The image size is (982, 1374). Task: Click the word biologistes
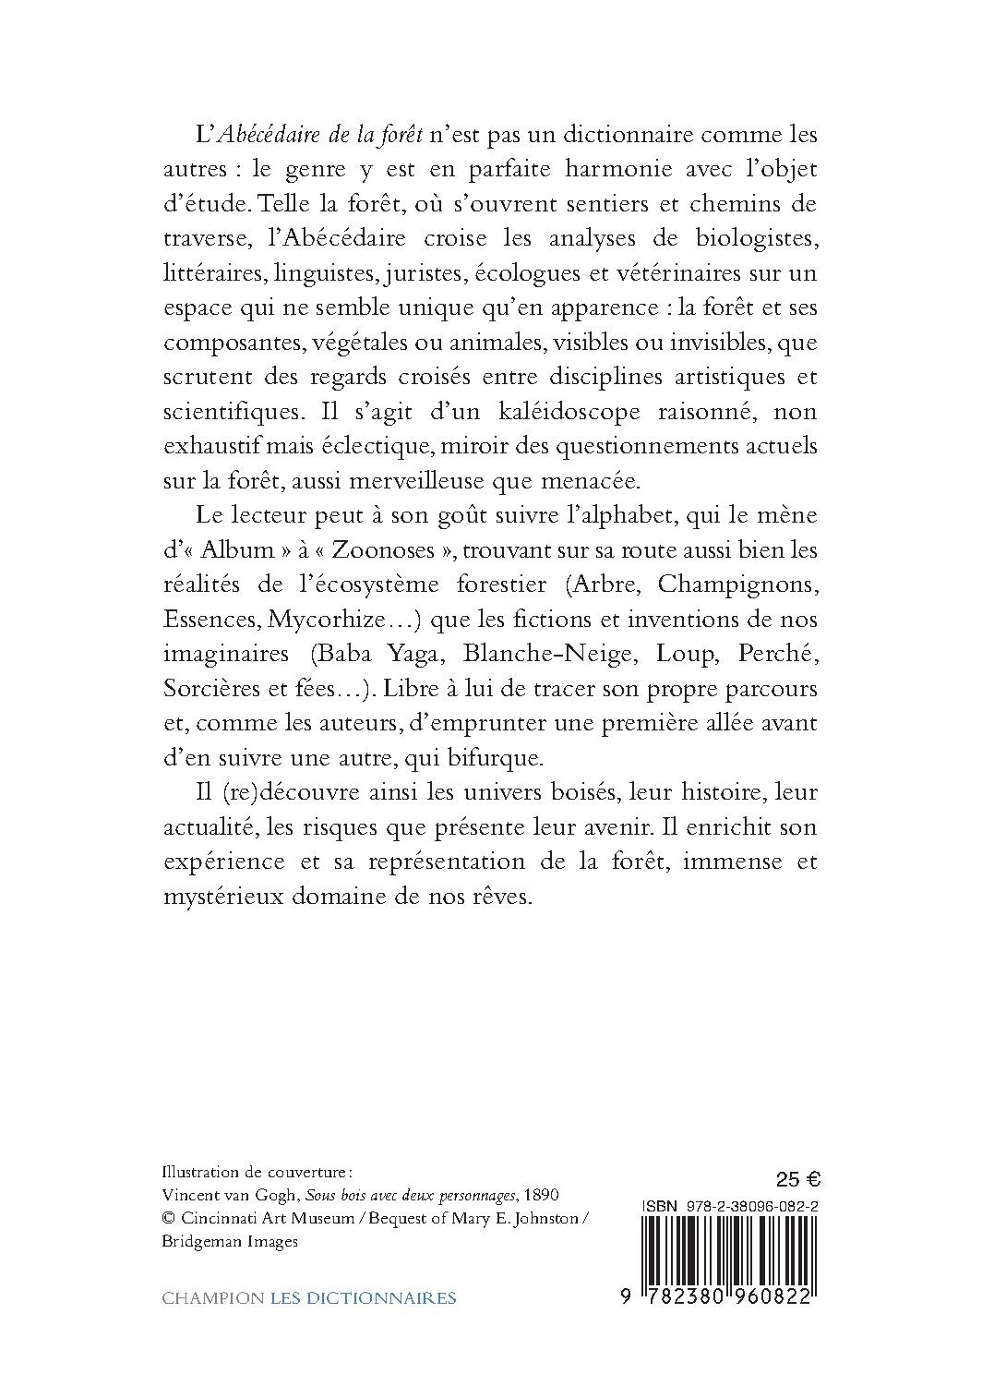(x=745, y=239)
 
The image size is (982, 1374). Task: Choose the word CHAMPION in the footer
(x=212, y=1298)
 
